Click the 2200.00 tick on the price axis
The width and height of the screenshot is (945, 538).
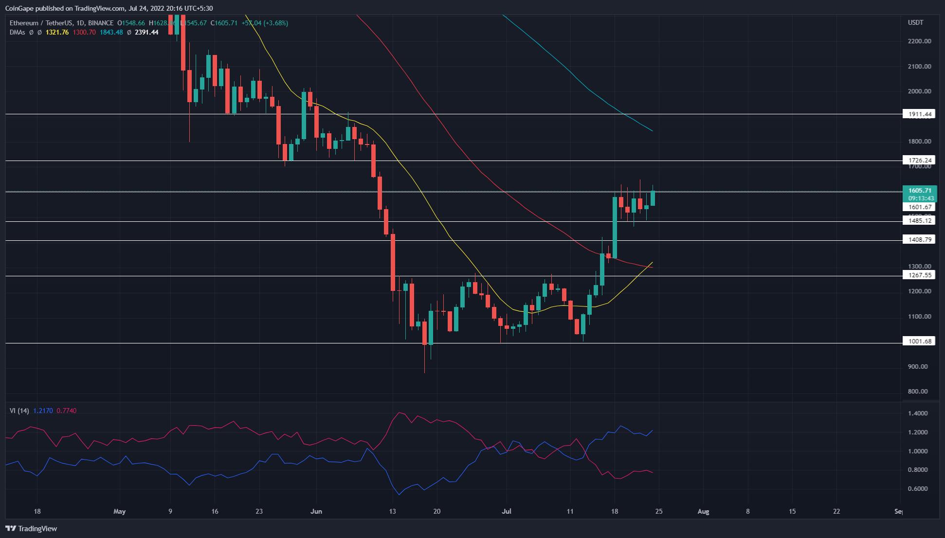pos(919,41)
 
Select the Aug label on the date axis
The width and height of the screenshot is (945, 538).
pos(703,511)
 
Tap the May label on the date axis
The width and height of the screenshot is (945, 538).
pos(119,511)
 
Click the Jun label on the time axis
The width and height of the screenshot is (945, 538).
pos(316,511)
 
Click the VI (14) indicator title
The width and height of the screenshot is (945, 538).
pos(19,411)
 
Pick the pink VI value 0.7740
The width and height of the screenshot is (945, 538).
pos(67,411)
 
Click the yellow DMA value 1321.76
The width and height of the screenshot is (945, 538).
pos(57,32)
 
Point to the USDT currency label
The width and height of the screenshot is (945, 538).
pos(915,22)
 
